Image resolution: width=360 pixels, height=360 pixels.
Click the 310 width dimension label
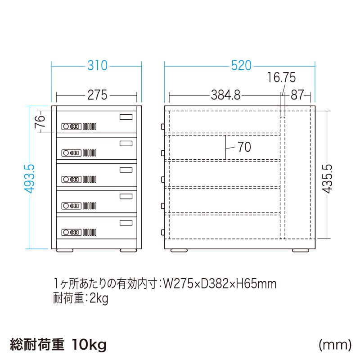tap(97, 66)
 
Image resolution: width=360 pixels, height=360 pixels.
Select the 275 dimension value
tap(97, 95)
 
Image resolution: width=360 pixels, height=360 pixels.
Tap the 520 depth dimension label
tap(241, 66)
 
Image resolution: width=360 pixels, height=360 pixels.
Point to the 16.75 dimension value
tap(282, 78)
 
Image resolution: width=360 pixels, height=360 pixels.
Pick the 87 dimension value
tap(297, 95)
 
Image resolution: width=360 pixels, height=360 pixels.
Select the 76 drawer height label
tap(40, 121)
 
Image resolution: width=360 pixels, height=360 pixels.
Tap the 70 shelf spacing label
tap(244, 147)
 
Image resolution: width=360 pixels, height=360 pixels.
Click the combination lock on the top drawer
tap(71, 126)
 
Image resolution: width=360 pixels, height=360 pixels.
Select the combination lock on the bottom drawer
tap(71, 232)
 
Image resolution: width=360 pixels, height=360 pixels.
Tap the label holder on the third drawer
tap(126, 170)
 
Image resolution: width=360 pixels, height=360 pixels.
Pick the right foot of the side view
tap(299, 250)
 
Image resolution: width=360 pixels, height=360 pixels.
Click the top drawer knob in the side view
tap(162, 127)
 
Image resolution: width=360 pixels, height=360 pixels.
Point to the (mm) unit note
tap(335, 345)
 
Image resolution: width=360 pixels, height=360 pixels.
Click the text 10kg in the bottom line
tap(89, 345)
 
